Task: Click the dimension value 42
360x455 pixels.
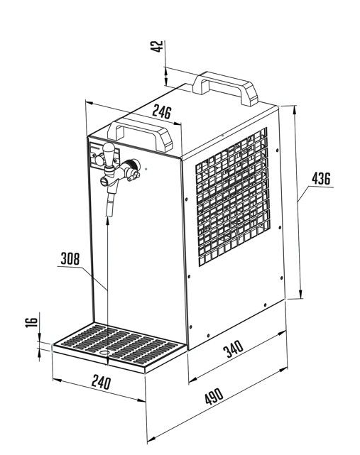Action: click(x=157, y=46)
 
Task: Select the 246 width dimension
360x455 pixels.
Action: click(x=162, y=111)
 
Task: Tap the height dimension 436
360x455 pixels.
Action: click(x=321, y=178)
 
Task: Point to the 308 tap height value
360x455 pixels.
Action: click(x=70, y=258)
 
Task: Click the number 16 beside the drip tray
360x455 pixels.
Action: click(x=32, y=322)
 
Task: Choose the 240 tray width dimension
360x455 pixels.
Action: click(x=102, y=382)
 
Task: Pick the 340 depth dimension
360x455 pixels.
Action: click(x=233, y=349)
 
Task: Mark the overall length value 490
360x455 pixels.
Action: click(x=214, y=396)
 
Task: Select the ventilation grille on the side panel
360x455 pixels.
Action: click(x=233, y=197)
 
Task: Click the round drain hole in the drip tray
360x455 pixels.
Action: click(x=104, y=352)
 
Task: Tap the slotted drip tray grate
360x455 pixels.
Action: click(x=119, y=344)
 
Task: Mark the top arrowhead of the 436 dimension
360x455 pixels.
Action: click(x=295, y=110)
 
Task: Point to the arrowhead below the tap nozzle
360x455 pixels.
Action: click(x=108, y=221)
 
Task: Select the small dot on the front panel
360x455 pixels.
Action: click(x=146, y=168)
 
